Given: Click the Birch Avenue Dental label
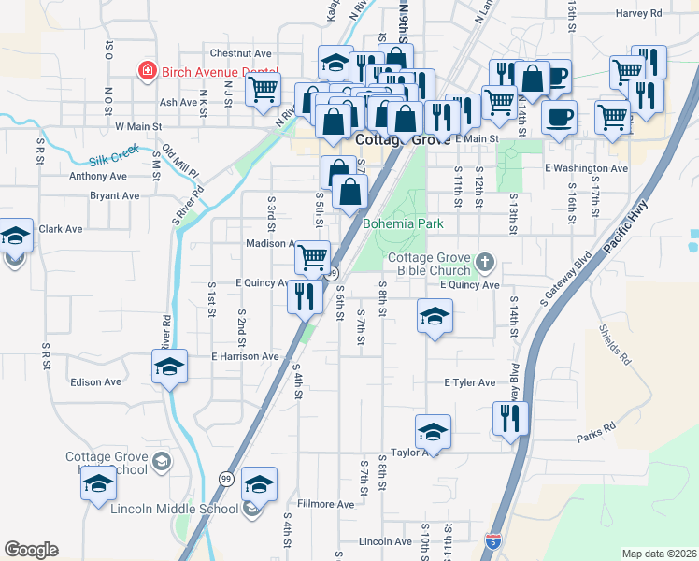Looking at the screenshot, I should (221, 72).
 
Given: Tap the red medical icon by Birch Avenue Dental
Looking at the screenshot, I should (147, 71).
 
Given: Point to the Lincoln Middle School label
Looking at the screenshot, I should (174, 510).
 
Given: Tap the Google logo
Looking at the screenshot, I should (31, 550).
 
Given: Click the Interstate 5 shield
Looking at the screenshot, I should (493, 541).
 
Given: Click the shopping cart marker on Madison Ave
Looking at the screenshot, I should (313, 254).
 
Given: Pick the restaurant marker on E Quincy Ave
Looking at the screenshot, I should (305, 295).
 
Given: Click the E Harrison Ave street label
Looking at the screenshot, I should (245, 356).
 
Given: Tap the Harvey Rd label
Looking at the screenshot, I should (639, 14).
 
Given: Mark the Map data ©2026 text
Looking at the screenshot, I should (658, 554).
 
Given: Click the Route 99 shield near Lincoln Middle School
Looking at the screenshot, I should (225, 478).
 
